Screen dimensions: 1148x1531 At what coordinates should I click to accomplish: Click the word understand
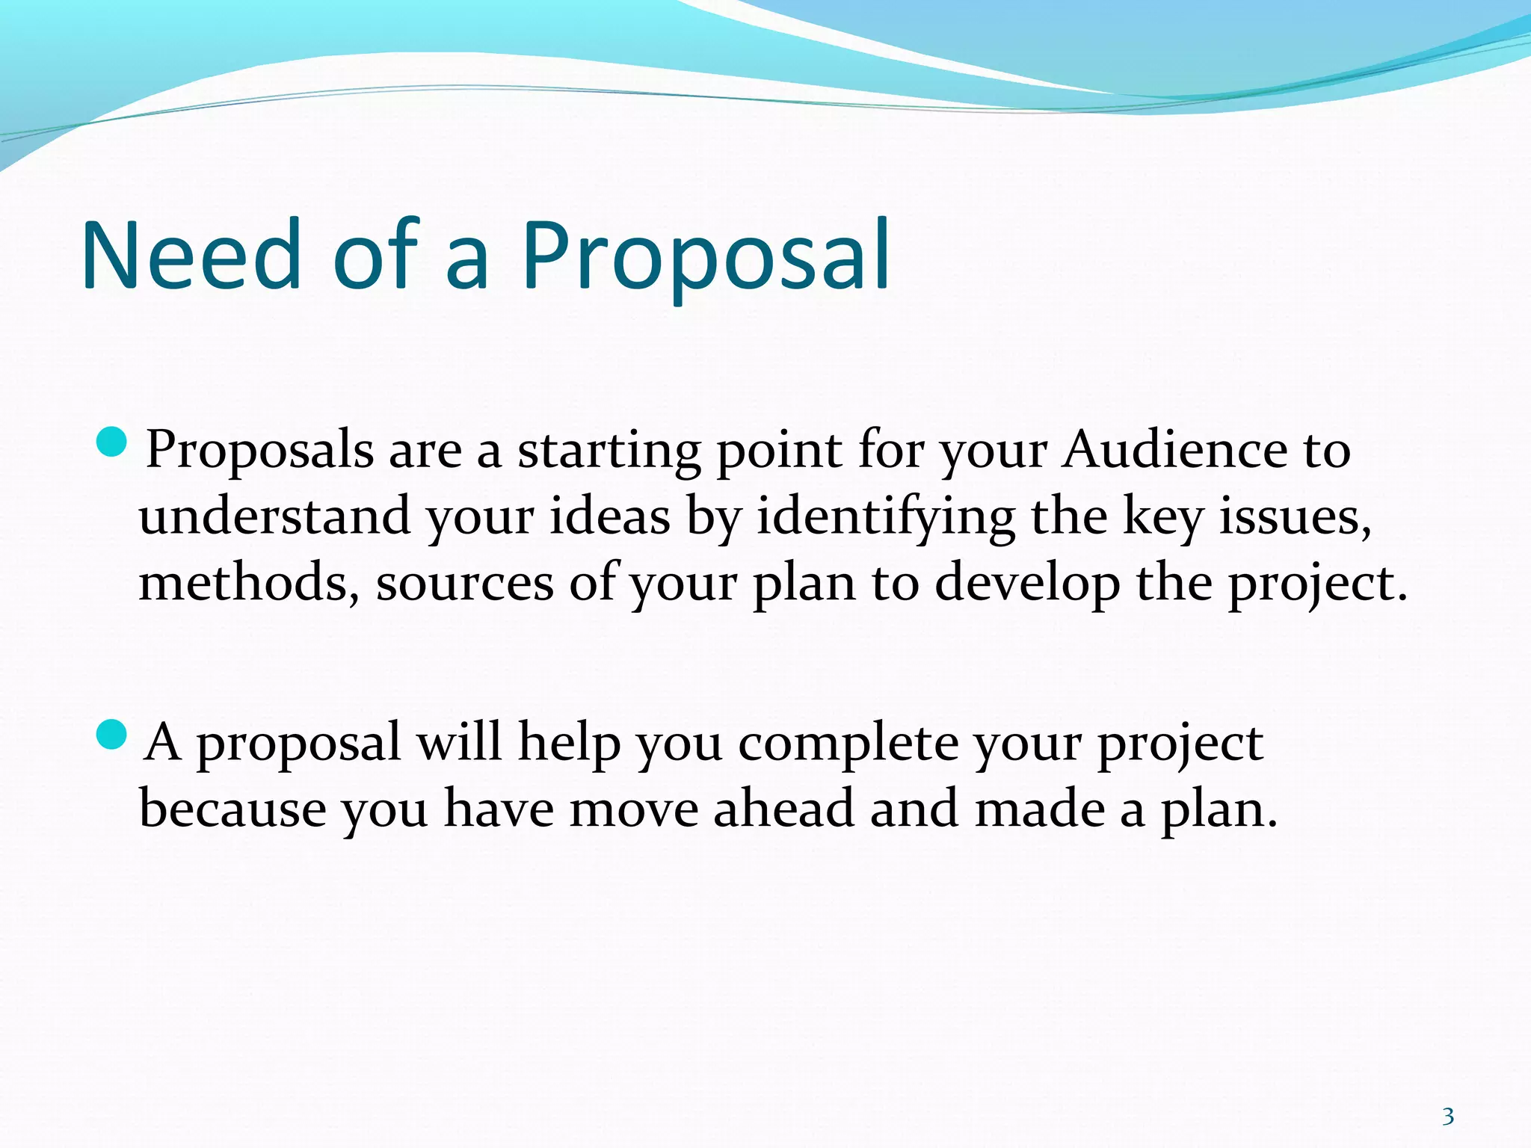tap(274, 517)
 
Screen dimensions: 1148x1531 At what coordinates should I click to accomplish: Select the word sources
tap(464, 584)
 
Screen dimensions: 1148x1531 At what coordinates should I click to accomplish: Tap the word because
tap(232, 809)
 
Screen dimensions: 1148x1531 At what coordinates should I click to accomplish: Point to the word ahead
tap(783, 809)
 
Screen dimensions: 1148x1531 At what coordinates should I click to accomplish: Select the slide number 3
tap(1448, 1096)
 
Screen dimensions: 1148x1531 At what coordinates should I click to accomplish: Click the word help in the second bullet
tap(569, 744)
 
